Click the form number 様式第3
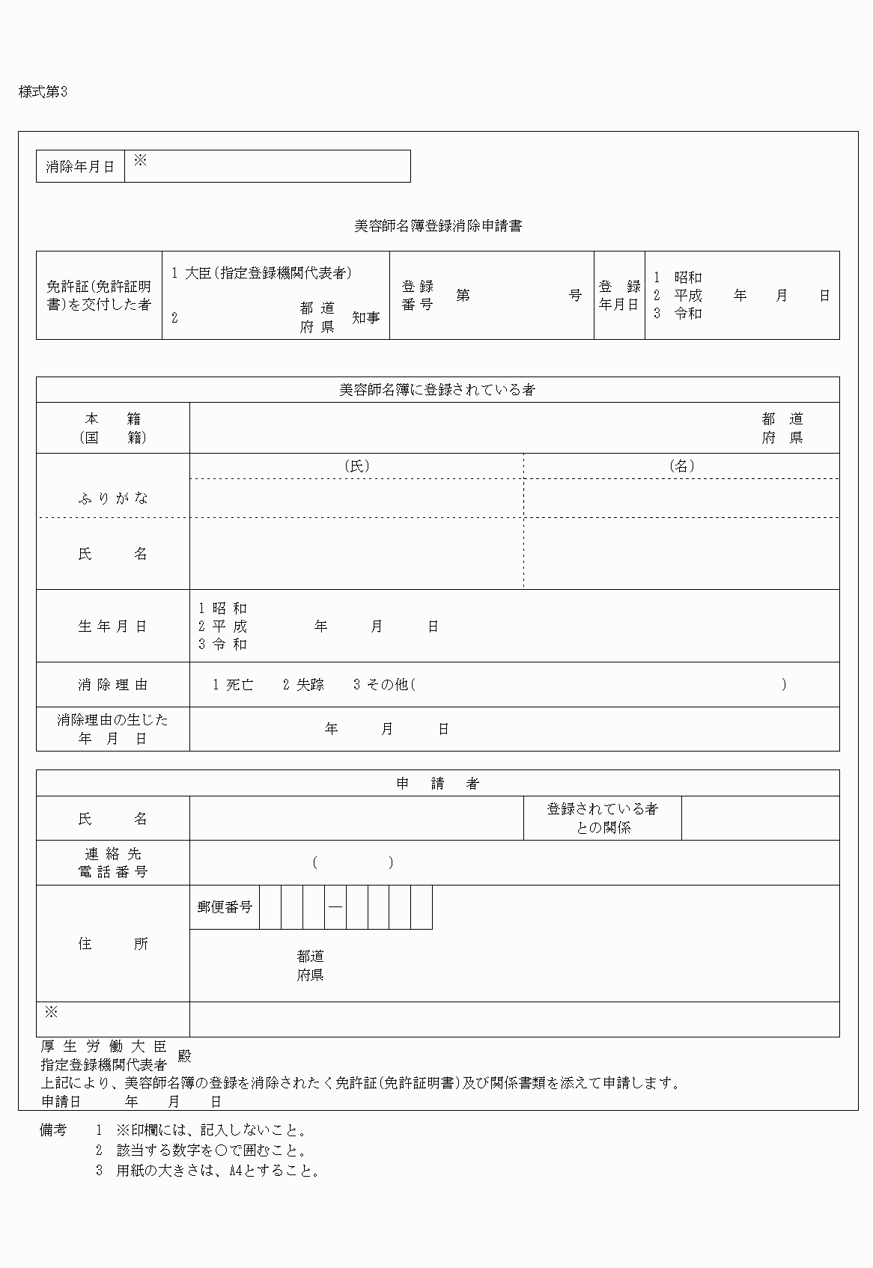(x=43, y=92)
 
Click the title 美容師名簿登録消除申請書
(x=437, y=226)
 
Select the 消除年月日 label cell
(x=80, y=166)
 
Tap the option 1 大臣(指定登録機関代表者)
(x=261, y=273)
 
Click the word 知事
(x=366, y=318)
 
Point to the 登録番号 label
(x=418, y=295)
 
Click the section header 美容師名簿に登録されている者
(x=437, y=390)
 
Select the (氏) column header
(x=356, y=466)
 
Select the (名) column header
(x=681, y=466)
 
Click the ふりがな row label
(x=113, y=499)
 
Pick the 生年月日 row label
(x=113, y=627)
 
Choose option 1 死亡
(x=233, y=684)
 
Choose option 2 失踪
(x=303, y=684)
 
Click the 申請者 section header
(x=437, y=784)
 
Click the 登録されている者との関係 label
(x=603, y=818)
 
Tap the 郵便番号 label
(x=225, y=907)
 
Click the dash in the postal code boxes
(x=335, y=907)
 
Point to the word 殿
(x=184, y=1056)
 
